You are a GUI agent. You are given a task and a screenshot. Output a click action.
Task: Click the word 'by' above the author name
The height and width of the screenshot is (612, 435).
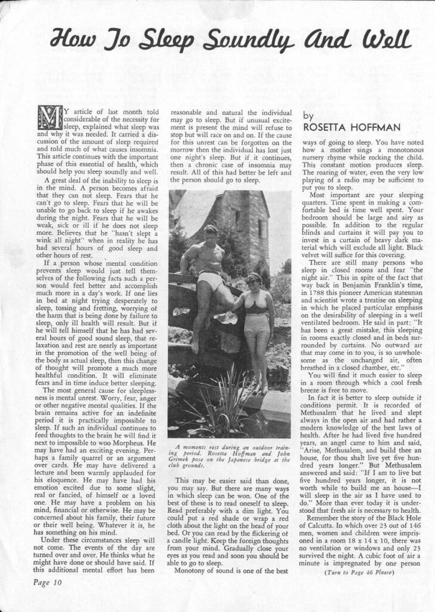coord(308,116)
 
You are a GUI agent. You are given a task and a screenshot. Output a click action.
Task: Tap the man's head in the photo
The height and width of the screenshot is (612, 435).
coord(211,232)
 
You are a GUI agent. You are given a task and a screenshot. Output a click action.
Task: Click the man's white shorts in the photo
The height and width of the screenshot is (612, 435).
coord(210,279)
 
